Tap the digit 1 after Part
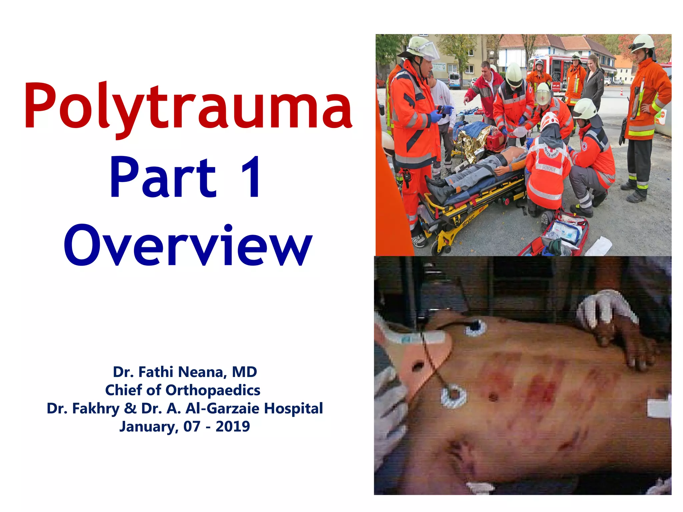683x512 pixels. [x=250, y=177]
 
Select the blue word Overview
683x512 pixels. [x=188, y=246]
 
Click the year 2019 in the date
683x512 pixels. [x=232, y=427]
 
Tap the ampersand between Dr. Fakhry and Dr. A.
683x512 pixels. [x=130, y=408]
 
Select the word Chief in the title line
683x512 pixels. [x=125, y=390]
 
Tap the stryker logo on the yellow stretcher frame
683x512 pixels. [x=468, y=220]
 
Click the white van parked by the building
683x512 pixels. [x=454, y=81]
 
